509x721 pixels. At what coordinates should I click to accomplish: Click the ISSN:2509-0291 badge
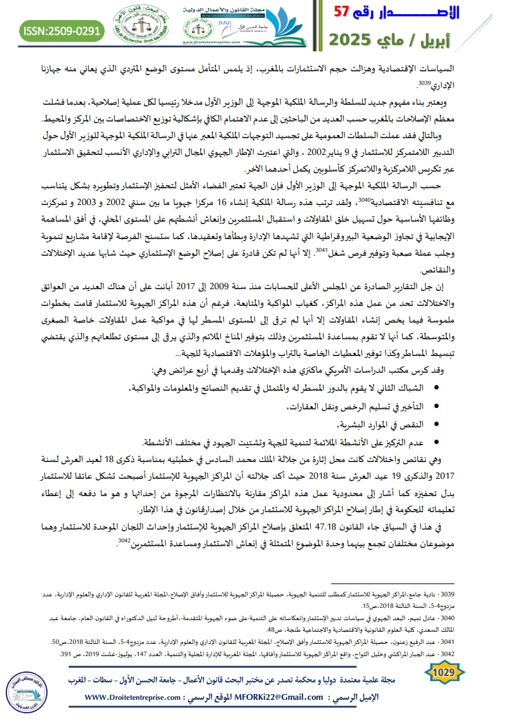pos(62,30)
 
